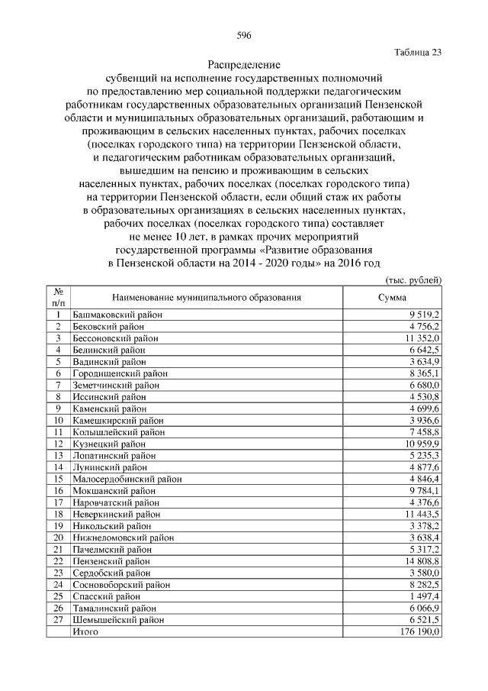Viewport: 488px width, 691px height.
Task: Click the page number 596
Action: click(x=244, y=36)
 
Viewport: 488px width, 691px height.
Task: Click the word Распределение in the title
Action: click(x=244, y=65)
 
